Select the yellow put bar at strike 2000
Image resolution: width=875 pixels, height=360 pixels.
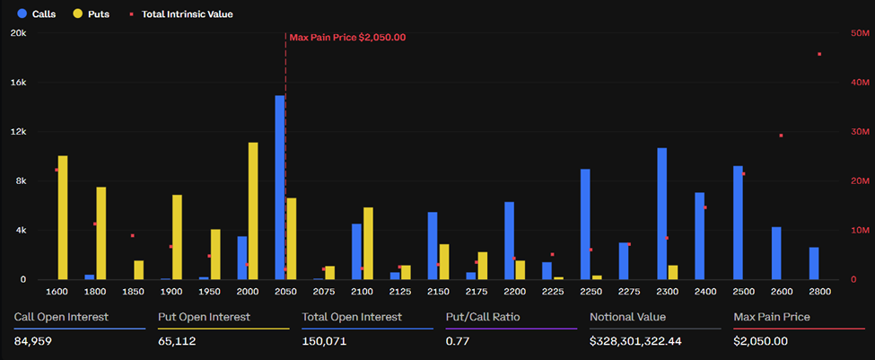coord(253,211)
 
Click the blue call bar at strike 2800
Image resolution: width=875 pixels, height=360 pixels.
coord(814,263)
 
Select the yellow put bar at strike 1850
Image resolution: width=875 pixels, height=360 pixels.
coord(139,269)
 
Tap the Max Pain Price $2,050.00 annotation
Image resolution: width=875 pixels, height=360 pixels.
coord(347,38)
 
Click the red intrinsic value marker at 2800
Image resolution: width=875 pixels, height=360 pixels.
coord(819,54)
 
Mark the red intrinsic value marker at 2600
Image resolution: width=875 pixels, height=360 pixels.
coord(781,136)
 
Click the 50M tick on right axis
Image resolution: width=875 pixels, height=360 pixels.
coord(860,33)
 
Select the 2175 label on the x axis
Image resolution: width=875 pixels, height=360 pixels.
coord(477,293)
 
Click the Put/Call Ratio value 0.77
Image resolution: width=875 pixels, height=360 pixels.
coord(455,341)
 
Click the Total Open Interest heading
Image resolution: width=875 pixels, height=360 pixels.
coord(352,317)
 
